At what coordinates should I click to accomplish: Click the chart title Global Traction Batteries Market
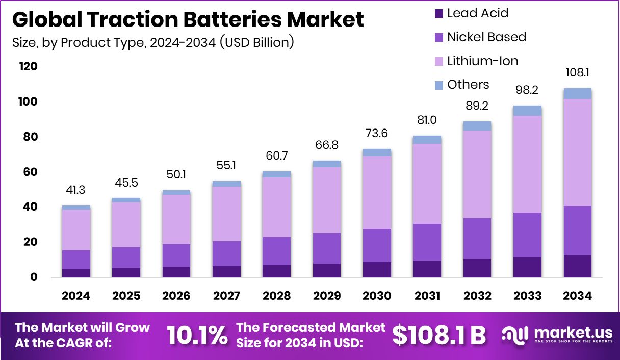(188, 20)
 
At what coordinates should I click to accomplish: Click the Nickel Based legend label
(486, 37)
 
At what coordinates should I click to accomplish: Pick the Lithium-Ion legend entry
(482, 61)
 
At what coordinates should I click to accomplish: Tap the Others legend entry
(468, 85)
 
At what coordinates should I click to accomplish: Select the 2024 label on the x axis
(76, 296)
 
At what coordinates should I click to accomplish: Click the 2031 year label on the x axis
(427, 296)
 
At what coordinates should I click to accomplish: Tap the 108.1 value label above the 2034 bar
(577, 73)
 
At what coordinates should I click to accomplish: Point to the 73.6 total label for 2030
(377, 134)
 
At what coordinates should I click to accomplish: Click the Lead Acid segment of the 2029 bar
(327, 270)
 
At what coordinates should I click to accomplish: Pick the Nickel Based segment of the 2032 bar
(477, 239)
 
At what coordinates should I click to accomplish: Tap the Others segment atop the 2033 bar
(527, 111)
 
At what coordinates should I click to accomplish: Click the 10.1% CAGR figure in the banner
(197, 335)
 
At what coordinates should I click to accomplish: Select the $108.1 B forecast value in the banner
(439, 335)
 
